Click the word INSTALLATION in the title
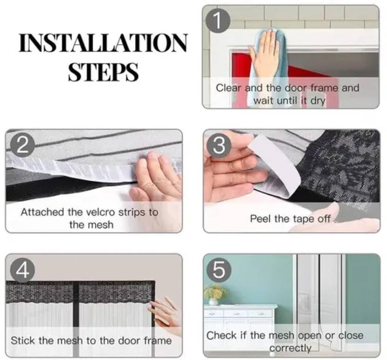click(103, 43)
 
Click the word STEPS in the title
click(103, 72)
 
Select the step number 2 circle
click(22, 146)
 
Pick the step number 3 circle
click(219, 145)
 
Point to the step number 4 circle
click(22, 270)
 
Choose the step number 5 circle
click(219, 270)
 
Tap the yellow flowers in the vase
click(215, 292)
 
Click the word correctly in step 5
click(290, 348)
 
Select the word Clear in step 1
click(228, 88)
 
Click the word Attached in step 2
click(42, 212)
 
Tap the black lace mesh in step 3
click(338, 165)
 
